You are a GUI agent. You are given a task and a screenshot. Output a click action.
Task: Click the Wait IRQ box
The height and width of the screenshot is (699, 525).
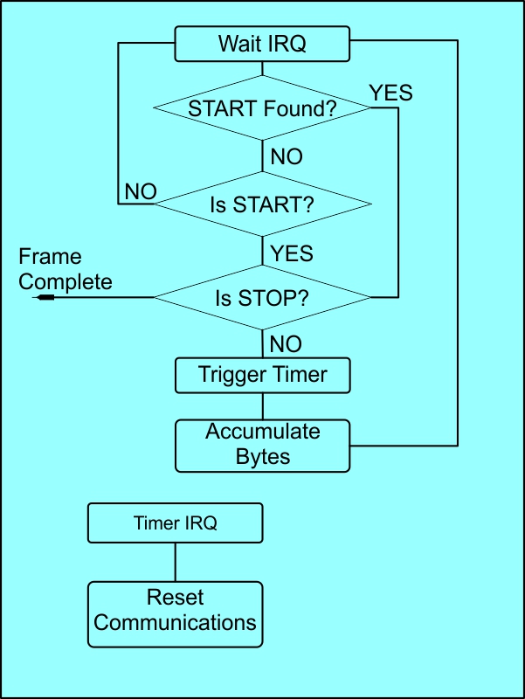tap(262, 44)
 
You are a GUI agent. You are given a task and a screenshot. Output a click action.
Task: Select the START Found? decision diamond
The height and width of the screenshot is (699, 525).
tap(262, 108)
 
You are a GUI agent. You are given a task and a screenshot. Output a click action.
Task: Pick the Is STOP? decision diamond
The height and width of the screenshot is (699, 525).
tap(262, 298)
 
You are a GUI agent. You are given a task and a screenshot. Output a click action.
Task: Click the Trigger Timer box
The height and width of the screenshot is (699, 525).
tap(262, 375)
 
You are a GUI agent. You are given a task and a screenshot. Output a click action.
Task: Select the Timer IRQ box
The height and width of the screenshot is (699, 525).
tap(175, 523)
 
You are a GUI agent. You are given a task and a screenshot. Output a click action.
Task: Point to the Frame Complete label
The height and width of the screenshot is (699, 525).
tap(65, 269)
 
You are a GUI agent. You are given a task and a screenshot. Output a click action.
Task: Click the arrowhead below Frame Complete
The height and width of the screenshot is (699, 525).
tap(45, 298)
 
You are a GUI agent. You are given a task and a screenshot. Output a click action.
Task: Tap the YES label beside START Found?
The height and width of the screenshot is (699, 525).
tap(390, 93)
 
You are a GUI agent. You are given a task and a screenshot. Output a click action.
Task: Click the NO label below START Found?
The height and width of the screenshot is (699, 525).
tap(287, 157)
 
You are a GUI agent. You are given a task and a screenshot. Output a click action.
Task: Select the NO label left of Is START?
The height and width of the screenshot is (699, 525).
tap(142, 191)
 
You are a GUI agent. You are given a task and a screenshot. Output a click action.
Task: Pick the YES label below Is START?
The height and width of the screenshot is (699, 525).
tap(292, 253)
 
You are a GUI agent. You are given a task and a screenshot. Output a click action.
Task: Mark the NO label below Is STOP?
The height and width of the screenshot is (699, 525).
tap(287, 343)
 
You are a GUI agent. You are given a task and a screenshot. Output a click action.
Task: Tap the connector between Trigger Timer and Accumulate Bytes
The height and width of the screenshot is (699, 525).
tap(262, 406)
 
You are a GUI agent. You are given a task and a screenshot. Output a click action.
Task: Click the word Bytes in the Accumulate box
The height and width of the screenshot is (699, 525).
tap(263, 456)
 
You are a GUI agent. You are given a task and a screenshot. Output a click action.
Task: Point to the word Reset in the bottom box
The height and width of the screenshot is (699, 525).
tap(175, 599)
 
